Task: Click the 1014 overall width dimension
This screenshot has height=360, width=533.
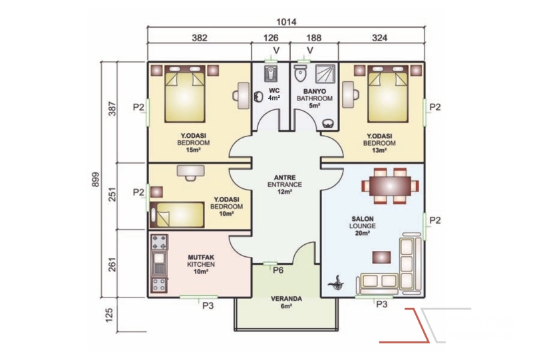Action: coord(286,22)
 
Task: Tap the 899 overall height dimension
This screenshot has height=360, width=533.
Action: coord(96,180)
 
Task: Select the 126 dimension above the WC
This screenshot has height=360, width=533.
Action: coord(271,38)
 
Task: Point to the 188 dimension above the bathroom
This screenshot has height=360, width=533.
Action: coord(314,38)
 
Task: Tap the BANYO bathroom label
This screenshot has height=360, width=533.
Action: coord(315,91)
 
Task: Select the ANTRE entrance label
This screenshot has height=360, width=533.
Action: coord(285,178)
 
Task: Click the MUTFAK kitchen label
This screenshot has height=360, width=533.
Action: coord(201,258)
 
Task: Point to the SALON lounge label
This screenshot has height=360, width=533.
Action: coord(363,219)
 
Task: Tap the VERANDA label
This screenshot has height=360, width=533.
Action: coord(286,299)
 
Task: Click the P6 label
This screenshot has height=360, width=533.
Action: coord(278,271)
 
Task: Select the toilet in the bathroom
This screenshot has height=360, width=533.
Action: coord(300,74)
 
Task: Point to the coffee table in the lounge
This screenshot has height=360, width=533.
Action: coord(381,257)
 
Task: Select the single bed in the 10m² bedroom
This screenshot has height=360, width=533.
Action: coord(177,215)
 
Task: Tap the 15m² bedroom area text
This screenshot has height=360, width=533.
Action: coord(193,150)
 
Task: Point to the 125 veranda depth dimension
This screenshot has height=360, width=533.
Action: coord(109,315)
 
